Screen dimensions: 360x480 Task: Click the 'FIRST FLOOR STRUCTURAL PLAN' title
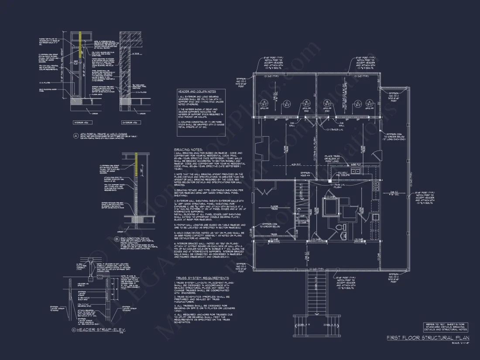428,338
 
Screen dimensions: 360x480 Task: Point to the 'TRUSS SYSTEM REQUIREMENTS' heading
202,278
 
